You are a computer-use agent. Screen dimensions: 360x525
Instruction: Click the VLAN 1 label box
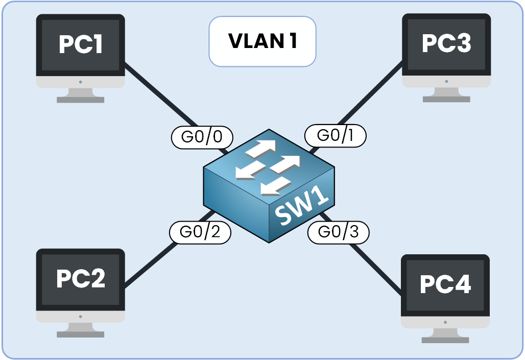click(x=262, y=41)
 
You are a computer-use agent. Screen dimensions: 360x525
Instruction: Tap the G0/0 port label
click(x=201, y=137)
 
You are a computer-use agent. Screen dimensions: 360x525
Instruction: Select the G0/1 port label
click(x=336, y=135)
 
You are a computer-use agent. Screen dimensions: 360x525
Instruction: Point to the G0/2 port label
click(x=200, y=232)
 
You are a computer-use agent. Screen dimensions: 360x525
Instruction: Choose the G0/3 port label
click(x=339, y=232)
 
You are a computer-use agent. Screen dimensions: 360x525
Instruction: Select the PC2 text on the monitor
click(x=81, y=279)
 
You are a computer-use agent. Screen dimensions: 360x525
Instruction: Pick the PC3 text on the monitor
click(x=446, y=44)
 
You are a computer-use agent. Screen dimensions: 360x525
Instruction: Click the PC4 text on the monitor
click(x=445, y=284)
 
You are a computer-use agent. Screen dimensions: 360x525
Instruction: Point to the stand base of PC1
click(x=81, y=100)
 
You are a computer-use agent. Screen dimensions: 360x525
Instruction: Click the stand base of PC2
click(x=81, y=334)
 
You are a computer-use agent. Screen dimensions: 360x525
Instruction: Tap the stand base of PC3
click(x=446, y=99)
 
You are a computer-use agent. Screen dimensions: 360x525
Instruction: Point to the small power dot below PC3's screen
click(x=446, y=81)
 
